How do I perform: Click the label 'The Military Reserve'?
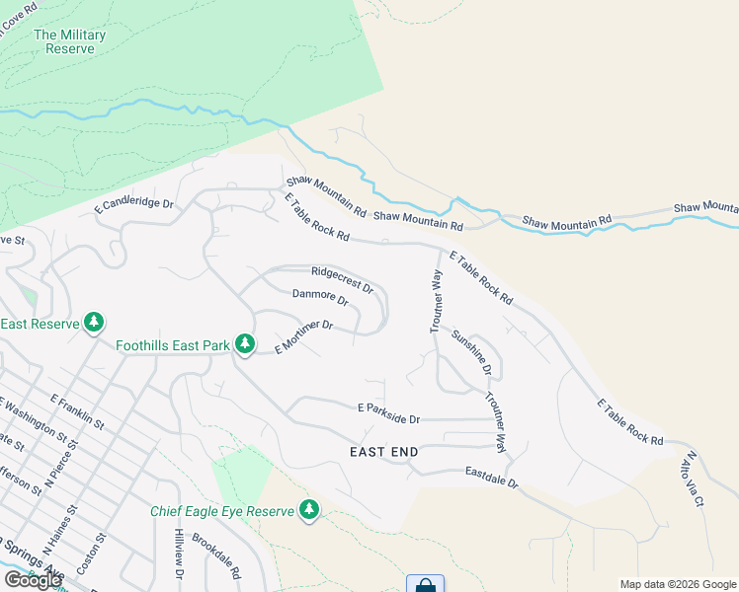69,41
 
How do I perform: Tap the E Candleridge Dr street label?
133,205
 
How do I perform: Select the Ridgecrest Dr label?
342,279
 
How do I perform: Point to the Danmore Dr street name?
320,297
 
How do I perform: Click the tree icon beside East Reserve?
94,323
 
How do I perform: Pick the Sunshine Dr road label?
471,352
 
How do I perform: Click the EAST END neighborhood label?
384,452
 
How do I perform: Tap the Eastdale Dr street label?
492,478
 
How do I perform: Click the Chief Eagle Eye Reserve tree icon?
310,510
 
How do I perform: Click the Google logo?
32,579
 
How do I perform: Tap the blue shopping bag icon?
425,584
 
